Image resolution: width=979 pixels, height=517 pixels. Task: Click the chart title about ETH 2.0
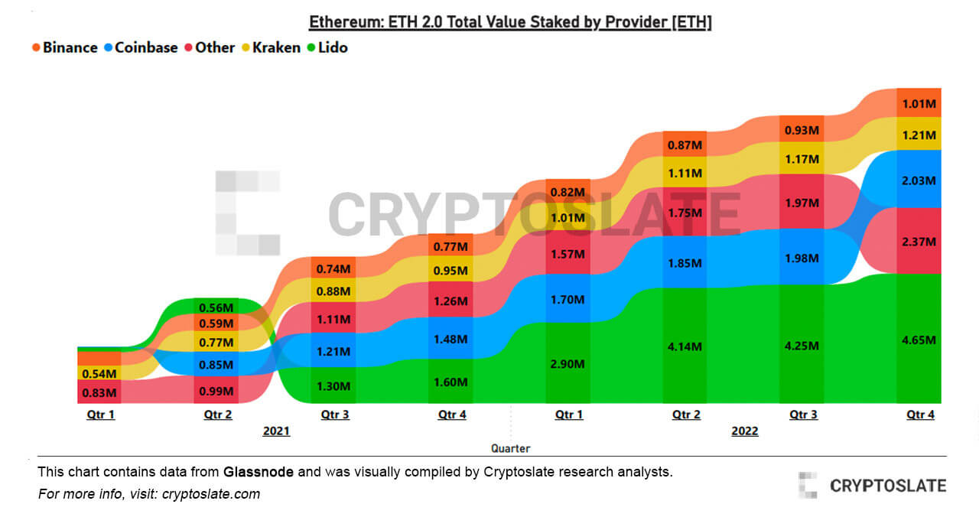pyautogui.click(x=510, y=22)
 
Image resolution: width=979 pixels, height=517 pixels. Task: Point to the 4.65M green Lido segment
pyautogui.click(x=919, y=340)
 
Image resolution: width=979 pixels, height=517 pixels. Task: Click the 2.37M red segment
pyautogui.click(x=919, y=241)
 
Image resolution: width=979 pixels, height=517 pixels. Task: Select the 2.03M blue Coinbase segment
pyautogui.click(x=919, y=180)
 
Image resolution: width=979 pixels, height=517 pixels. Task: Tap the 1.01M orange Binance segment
pyautogui.click(x=919, y=103)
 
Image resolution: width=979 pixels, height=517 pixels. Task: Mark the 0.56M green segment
pyautogui.click(x=217, y=306)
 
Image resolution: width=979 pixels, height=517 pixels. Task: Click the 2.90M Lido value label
pyautogui.click(x=568, y=363)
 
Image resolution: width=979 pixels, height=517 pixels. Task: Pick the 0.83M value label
pyautogui.click(x=99, y=392)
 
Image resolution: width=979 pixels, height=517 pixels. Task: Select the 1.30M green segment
pyautogui.click(x=333, y=385)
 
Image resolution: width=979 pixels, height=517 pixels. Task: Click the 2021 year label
pyautogui.click(x=276, y=431)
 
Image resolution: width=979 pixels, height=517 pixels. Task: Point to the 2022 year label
pyautogui.click(x=744, y=431)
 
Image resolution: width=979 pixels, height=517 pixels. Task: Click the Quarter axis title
pyautogui.click(x=510, y=448)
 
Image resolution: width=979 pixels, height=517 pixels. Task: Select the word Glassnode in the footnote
pyautogui.click(x=259, y=472)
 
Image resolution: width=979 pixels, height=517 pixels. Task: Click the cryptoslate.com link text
pyautogui.click(x=213, y=494)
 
